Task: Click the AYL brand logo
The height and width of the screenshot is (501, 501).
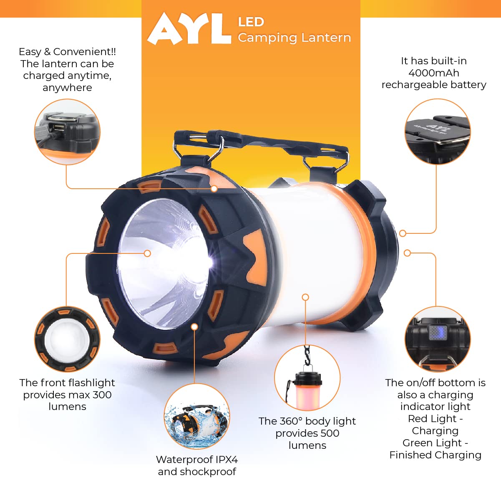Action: [189, 29]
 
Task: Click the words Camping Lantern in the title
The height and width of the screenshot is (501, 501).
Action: [294, 38]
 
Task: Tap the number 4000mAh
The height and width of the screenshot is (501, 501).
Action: [433, 73]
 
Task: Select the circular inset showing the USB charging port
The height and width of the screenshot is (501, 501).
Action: [67, 132]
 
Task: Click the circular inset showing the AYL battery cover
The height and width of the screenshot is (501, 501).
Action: [438, 132]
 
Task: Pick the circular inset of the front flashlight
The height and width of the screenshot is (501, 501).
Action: [67, 339]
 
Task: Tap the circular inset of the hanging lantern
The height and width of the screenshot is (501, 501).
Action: [307, 378]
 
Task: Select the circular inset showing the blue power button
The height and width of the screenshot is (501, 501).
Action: [438, 339]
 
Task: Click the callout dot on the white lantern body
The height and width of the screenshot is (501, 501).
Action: [305, 297]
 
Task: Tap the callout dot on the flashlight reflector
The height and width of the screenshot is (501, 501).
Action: [147, 253]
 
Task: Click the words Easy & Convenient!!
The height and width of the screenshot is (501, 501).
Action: [67, 52]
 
